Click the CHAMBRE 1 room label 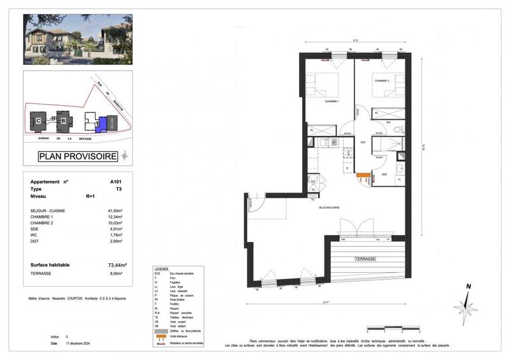coord(332,102)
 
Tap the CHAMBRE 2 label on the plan coord(382,81)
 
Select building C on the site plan coord(39,120)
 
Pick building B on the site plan coord(63,119)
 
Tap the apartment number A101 coord(115,182)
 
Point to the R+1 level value coord(91,197)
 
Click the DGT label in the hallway coord(363,142)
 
